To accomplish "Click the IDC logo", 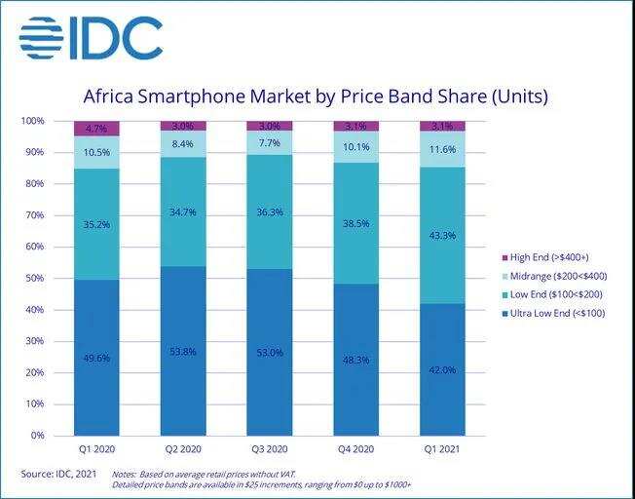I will click(x=91, y=38).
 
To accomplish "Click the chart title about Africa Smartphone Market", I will click(x=316, y=96).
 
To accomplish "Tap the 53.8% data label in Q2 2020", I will click(x=183, y=351).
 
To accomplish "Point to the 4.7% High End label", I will click(x=96, y=128).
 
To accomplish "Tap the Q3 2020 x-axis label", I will click(x=270, y=450).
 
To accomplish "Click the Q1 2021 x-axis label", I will click(x=442, y=450).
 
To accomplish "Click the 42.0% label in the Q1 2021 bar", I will click(x=442, y=370).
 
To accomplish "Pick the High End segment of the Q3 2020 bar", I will click(x=270, y=126).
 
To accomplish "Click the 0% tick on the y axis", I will click(x=36, y=435).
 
